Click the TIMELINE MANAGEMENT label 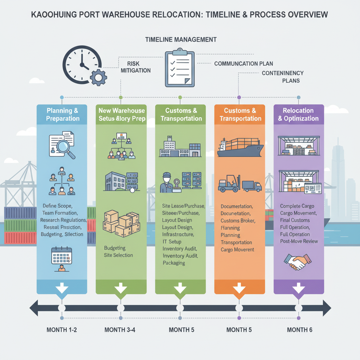pyautogui.click(x=181, y=39)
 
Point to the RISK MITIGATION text pyautogui.click(x=135, y=67)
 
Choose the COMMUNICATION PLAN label pyautogui.click(x=244, y=64)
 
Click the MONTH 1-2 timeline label pyautogui.click(x=62, y=330)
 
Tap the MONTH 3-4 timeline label pyautogui.click(x=121, y=330)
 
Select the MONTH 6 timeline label pyautogui.click(x=299, y=330)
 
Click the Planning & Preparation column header pyautogui.click(x=62, y=115)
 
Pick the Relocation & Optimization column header pyautogui.click(x=298, y=115)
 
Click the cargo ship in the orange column pyautogui.click(x=239, y=147)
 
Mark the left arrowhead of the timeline pyautogui.click(x=34, y=308)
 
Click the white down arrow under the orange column pyautogui.click(x=239, y=289)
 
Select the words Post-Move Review pyautogui.click(x=299, y=241)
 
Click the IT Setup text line pyautogui.click(x=172, y=242)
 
